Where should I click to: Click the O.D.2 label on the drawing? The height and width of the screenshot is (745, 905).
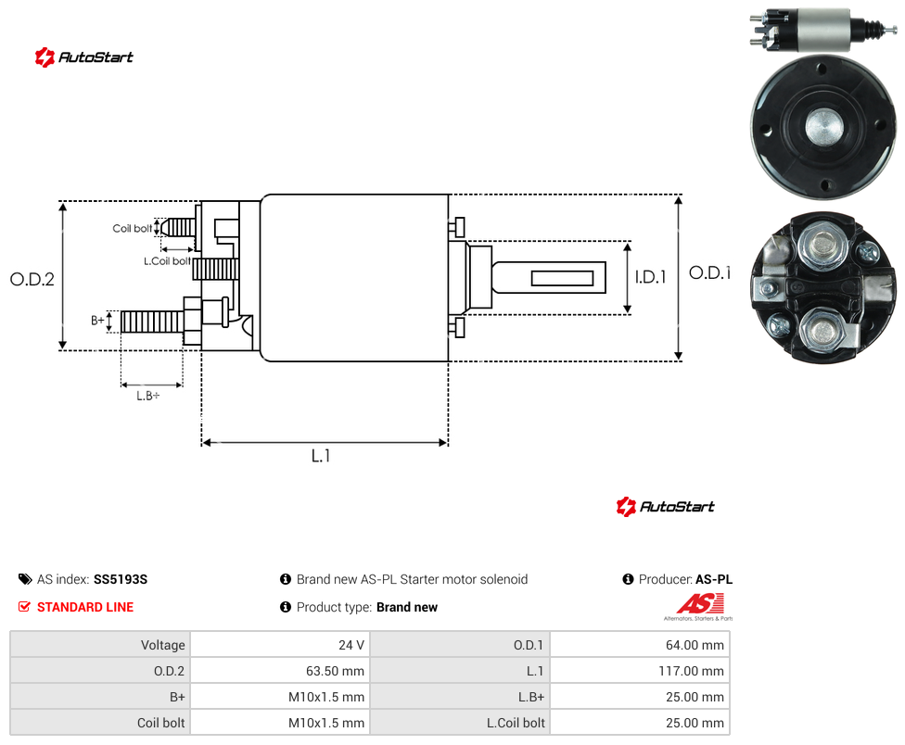pyautogui.click(x=32, y=280)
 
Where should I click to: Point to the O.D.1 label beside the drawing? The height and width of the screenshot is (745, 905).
pyautogui.click(x=710, y=272)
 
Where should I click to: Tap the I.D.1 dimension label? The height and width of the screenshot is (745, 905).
pyautogui.click(x=651, y=277)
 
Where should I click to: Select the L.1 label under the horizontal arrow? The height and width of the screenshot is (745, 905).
pyautogui.click(x=320, y=456)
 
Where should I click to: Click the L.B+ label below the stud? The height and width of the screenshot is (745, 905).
pyautogui.click(x=147, y=396)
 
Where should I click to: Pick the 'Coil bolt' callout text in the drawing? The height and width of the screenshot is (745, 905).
pyautogui.click(x=133, y=228)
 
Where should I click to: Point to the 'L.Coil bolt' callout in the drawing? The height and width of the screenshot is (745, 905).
pyautogui.click(x=167, y=261)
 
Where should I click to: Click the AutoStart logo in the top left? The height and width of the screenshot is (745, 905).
pyautogui.click(x=84, y=57)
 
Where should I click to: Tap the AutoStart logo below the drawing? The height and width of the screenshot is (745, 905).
pyautogui.click(x=666, y=507)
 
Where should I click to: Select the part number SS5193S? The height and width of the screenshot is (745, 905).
pyautogui.click(x=121, y=579)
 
